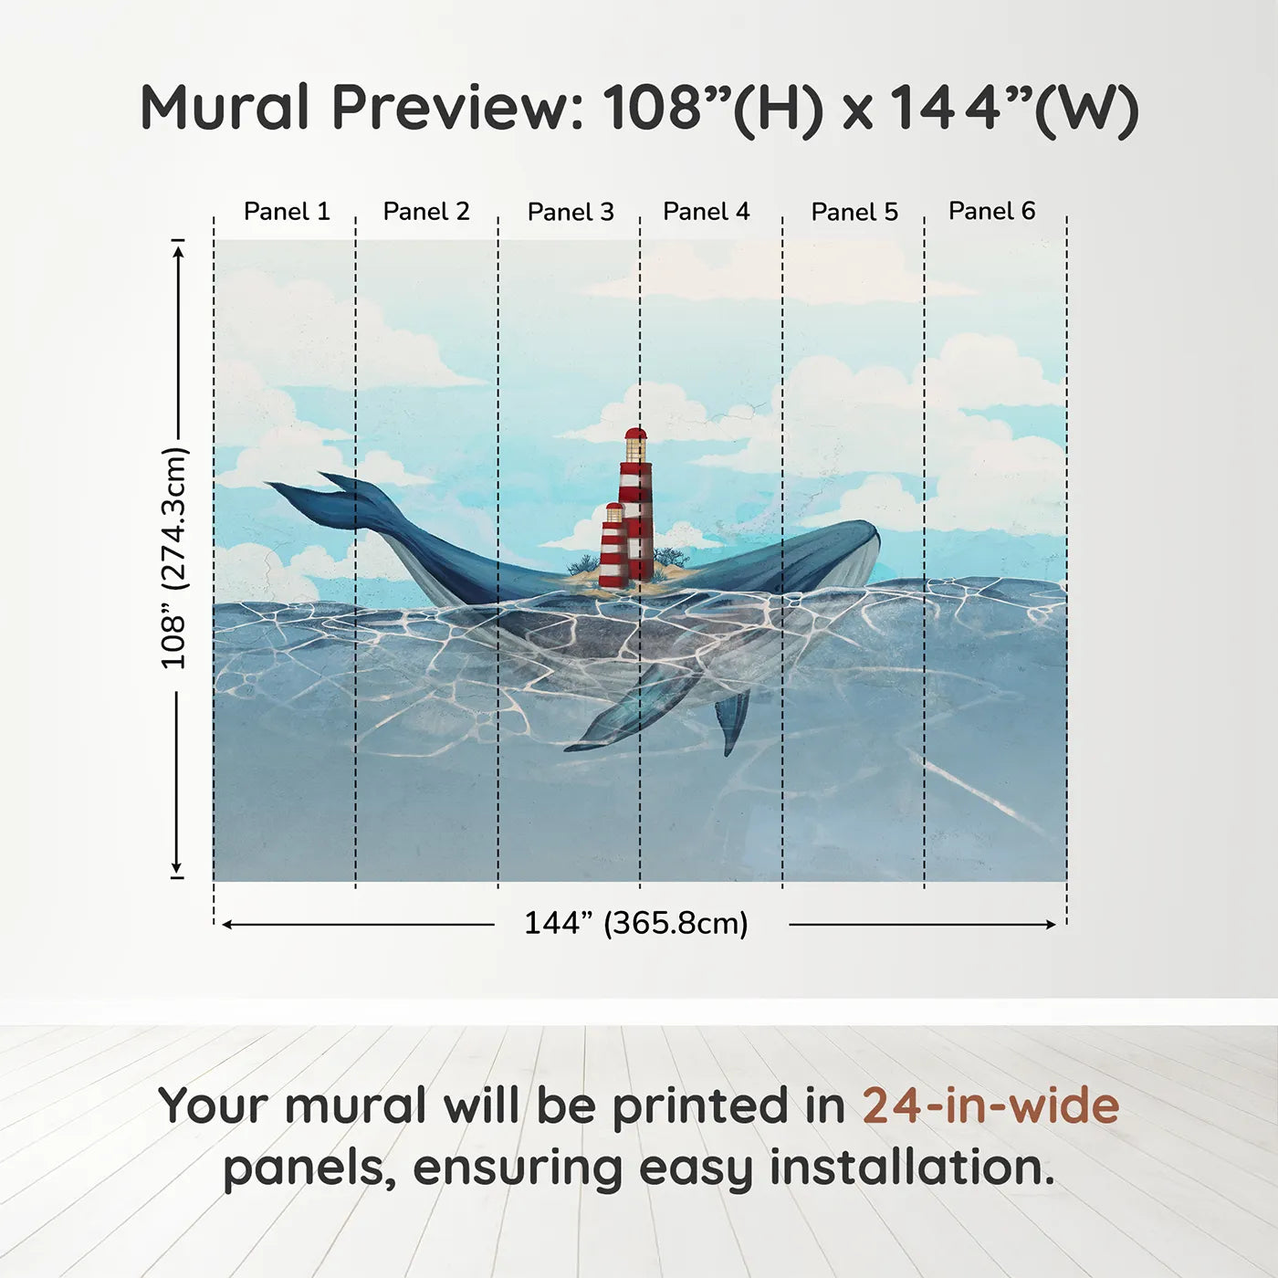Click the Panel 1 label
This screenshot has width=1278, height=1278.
(x=287, y=212)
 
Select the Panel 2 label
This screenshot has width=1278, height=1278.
(x=426, y=212)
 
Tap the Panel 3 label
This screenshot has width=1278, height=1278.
(x=571, y=212)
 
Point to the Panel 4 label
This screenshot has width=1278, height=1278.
(x=707, y=212)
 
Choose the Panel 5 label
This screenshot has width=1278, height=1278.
(x=854, y=212)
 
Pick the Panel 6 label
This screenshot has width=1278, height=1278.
(x=991, y=211)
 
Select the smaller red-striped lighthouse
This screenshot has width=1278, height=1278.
(x=613, y=546)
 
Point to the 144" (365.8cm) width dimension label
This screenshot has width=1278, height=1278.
(x=636, y=923)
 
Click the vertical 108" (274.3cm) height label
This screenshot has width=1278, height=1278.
(x=175, y=558)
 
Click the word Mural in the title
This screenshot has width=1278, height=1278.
(x=225, y=107)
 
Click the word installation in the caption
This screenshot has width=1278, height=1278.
(x=912, y=1168)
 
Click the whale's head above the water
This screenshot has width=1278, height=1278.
(x=839, y=551)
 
